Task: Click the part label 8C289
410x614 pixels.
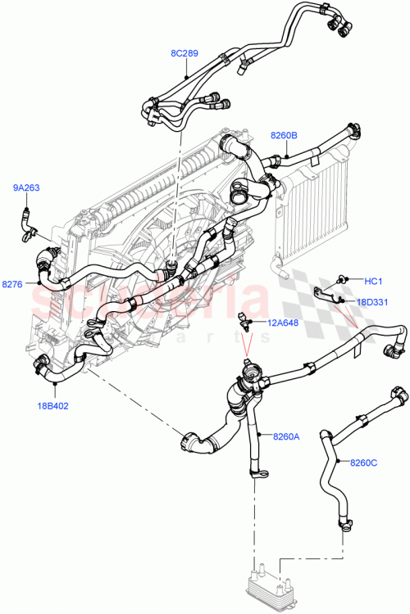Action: [184, 53]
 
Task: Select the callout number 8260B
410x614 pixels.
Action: [285, 135]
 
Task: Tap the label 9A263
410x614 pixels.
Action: [26, 188]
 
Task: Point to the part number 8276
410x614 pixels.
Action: [12, 284]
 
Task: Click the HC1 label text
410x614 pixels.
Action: [373, 281]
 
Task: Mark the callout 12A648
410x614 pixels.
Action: [281, 322]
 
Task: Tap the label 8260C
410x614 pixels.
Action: [363, 463]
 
